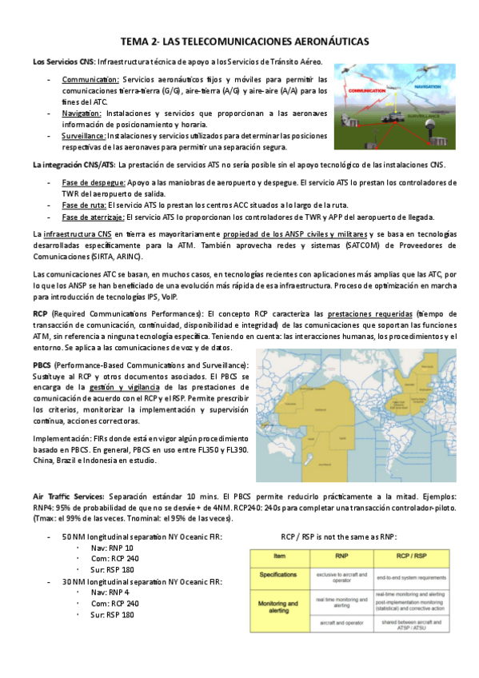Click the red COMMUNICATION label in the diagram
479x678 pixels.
(x=365, y=92)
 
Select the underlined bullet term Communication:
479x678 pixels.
(x=90, y=80)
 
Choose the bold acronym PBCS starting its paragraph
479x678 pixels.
(x=43, y=365)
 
